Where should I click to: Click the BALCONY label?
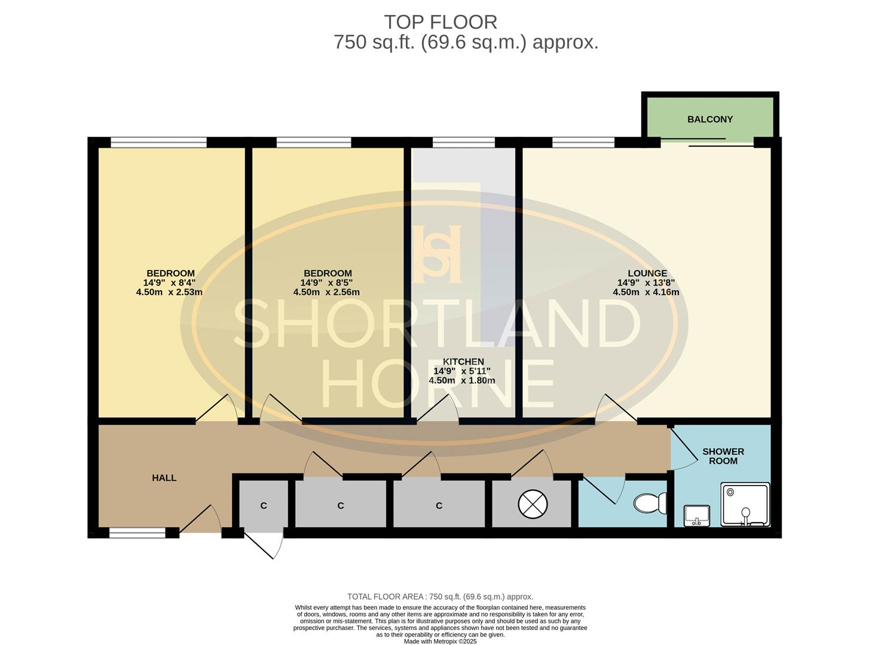(x=709, y=119)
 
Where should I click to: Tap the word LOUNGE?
(x=647, y=274)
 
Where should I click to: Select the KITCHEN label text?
(x=463, y=362)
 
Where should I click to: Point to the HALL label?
(x=164, y=478)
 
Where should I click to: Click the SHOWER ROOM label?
(x=723, y=456)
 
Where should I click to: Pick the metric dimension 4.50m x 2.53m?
(x=169, y=293)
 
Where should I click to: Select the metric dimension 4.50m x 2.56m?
(x=326, y=293)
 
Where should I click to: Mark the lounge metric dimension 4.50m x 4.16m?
(x=645, y=293)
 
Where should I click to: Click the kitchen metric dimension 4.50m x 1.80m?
(x=462, y=380)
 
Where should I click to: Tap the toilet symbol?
(x=650, y=503)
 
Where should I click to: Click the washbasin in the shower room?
(x=696, y=515)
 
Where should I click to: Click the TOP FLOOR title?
(x=440, y=22)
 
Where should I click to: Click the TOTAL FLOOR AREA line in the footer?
(x=440, y=597)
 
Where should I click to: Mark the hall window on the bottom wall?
(x=137, y=532)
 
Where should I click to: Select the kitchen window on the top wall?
(x=463, y=142)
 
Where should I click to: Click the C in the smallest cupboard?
(x=264, y=506)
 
